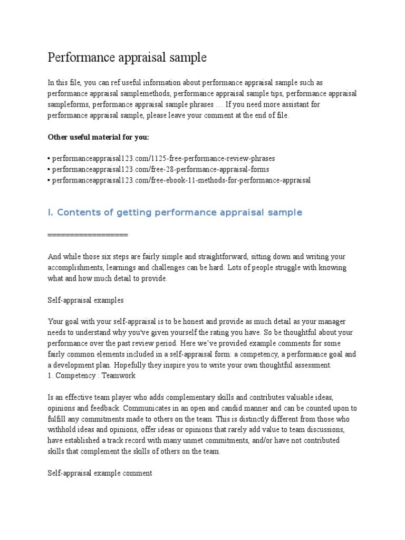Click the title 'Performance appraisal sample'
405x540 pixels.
pos(127,57)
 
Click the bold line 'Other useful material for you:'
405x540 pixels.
pos(99,137)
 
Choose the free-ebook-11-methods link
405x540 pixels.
pos(181,180)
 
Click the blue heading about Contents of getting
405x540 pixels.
pos(175,213)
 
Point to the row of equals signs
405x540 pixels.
pos(88,235)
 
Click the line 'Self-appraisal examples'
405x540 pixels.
pos(85,300)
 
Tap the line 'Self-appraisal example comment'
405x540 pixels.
pos(100,474)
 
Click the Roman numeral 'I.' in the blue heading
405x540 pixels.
pos(50,213)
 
